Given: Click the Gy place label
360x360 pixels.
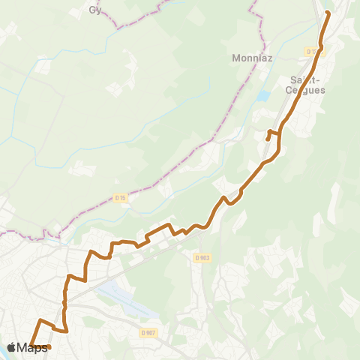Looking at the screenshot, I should pyautogui.click(x=94, y=10).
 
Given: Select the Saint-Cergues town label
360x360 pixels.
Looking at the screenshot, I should pyautogui.click(x=304, y=84).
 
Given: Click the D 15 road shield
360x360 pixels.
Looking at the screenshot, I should pyautogui.click(x=120, y=198).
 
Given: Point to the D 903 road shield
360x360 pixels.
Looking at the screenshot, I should pyautogui.click(x=202, y=257).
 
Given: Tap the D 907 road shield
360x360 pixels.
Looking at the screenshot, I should pyautogui.click(x=148, y=332).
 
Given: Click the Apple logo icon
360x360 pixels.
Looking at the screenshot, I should pyautogui.click(x=10, y=347).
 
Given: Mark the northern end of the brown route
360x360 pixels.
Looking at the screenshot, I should pyautogui.click(x=328, y=13).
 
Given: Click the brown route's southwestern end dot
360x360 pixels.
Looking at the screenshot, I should pyautogui.click(x=49, y=346).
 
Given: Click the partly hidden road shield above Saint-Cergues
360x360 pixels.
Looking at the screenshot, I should pyautogui.click(x=311, y=51).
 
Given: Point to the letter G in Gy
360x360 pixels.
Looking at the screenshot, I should pyautogui.click(x=92, y=10).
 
